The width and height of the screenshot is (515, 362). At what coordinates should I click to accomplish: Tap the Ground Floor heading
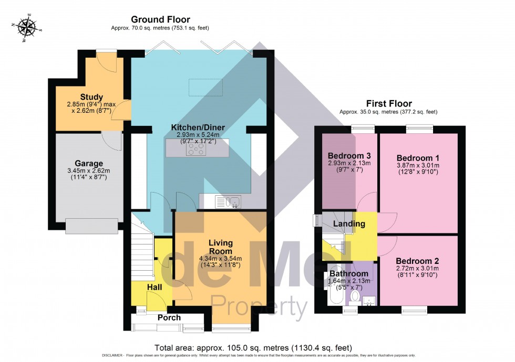pyautogui.click(x=153, y=20)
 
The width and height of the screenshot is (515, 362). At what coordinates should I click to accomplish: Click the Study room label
pyautogui.click(x=91, y=97)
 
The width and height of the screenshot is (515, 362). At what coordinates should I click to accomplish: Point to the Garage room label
pyautogui.click(x=88, y=163)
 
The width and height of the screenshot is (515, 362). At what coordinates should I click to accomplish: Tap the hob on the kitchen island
pyautogui.click(x=197, y=150)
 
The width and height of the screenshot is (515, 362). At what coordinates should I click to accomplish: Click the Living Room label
pyautogui.click(x=220, y=247)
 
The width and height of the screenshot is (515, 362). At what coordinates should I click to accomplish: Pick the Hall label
pyautogui.click(x=154, y=288)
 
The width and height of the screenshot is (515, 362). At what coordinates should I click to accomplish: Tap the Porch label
pyautogui.click(x=169, y=317)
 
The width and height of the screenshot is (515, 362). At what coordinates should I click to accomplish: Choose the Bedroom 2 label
pyautogui.click(x=417, y=261)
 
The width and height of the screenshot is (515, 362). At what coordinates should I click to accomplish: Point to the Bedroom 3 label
pyautogui.click(x=349, y=156)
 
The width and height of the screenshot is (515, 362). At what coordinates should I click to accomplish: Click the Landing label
pyautogui.click(x=351, y=224)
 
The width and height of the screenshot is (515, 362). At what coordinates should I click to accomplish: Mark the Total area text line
pyautogui.click(x=253, y=348)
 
